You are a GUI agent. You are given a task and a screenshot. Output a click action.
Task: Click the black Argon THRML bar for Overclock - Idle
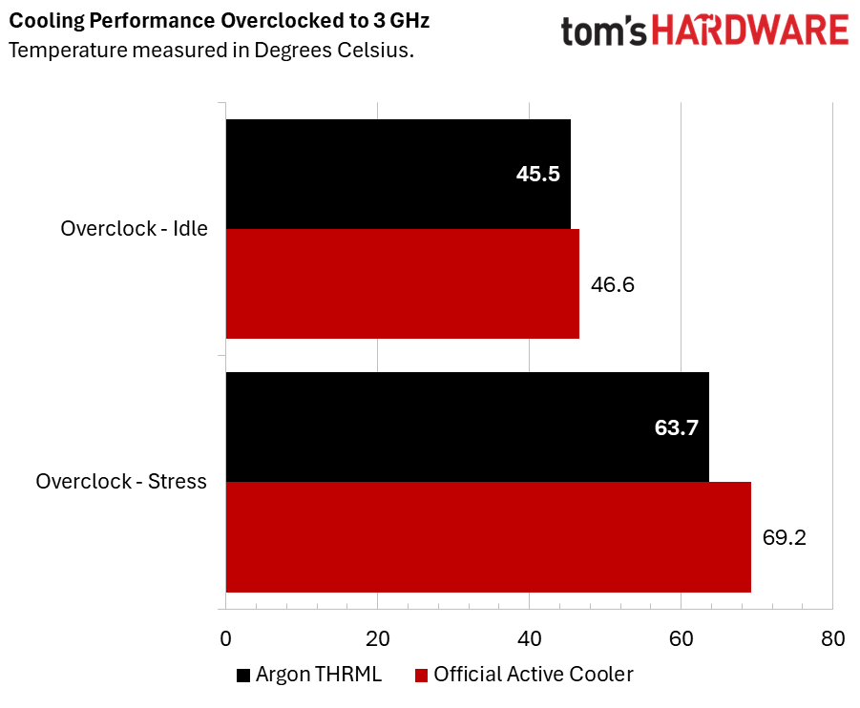(x=398, y=174)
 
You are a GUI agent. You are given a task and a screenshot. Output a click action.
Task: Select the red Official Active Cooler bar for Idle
(x=402, y=283)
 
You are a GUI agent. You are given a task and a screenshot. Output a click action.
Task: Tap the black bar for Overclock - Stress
(x=467, y=427)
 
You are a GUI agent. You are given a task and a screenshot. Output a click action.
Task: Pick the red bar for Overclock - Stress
(x=488, y=536)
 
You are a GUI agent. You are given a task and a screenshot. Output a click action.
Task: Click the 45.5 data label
(x=537, y=175)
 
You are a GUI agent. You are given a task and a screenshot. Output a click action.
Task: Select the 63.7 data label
(x=677, y=427)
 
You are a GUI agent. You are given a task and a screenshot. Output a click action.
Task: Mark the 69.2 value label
(x=784, y=537)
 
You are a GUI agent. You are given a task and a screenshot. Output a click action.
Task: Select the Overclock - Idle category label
(x=134, y=229)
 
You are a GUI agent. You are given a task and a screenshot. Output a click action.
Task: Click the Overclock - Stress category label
(x=121, y=482)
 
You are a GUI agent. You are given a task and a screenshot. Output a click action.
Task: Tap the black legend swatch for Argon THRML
(x=243, y=676)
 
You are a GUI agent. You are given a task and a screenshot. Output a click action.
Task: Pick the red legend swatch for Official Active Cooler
(x=421, y=676)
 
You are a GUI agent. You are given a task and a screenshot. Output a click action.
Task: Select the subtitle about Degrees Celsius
(x=211, y=50)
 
